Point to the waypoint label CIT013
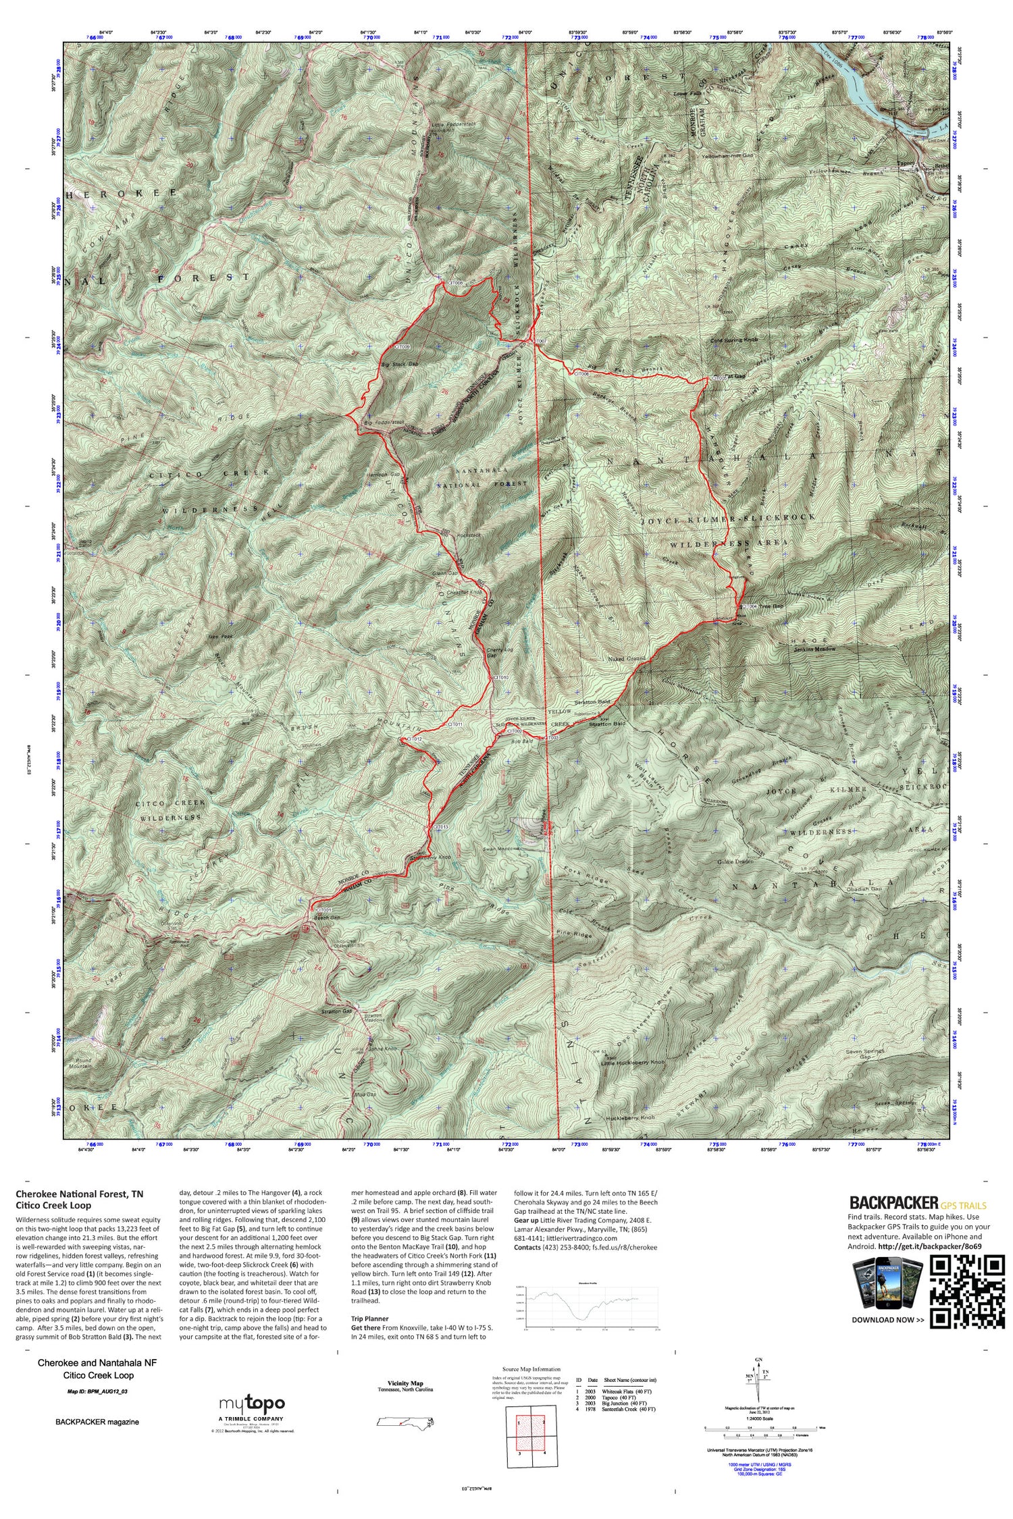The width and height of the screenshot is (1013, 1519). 440,827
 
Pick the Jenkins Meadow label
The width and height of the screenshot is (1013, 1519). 814,649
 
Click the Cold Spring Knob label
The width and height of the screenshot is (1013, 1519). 736,340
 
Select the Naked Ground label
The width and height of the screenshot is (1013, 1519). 627,658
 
